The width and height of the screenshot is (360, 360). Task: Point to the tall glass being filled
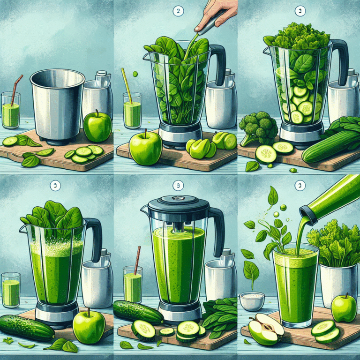point(295,286)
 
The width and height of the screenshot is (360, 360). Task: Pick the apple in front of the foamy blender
point(88,325)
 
